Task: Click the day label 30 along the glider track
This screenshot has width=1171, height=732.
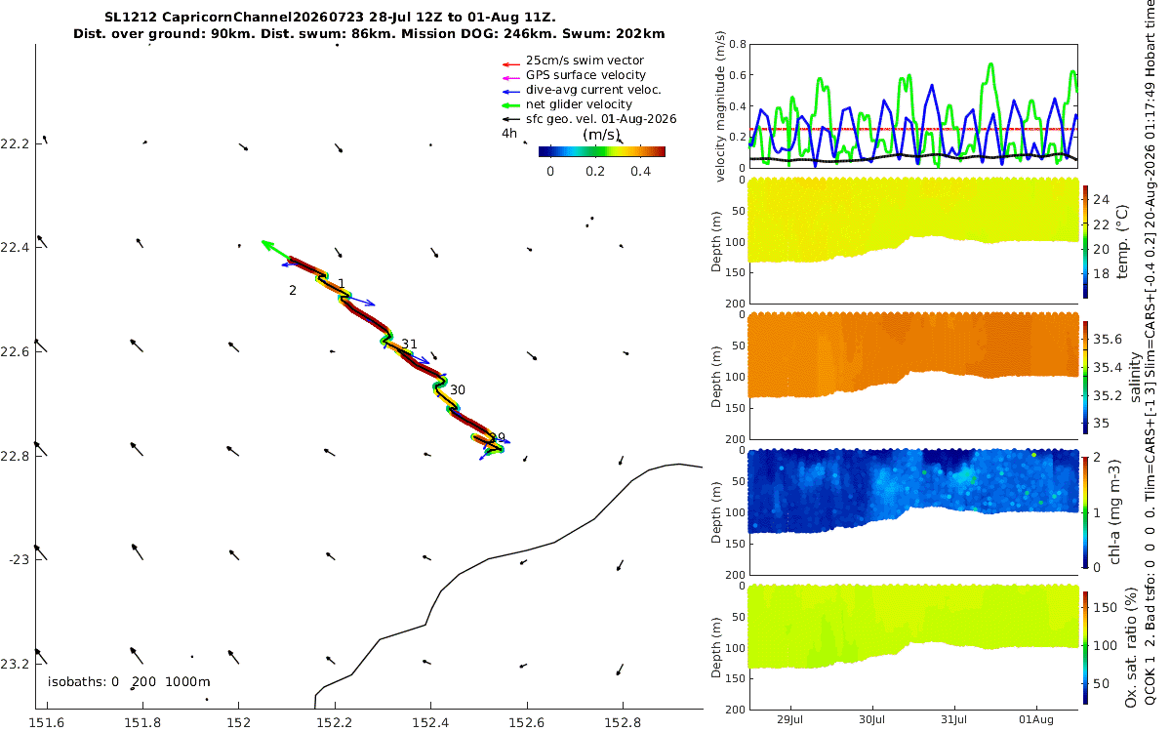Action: (458, 390)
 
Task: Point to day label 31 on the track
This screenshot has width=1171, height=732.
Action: (409, 344)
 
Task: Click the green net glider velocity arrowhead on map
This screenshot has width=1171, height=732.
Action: (266, 244)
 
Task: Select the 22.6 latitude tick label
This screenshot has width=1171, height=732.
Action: (14, 351)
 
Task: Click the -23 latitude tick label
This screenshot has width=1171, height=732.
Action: (19, 560)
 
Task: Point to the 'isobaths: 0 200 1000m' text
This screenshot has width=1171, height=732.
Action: (129, 682)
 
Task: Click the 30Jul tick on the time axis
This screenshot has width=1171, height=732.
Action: (872, 719)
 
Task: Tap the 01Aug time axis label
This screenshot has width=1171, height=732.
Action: (1036, 719)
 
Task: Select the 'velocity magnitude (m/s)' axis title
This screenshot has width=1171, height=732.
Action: (720, 106)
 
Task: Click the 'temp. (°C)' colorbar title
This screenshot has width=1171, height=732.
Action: (1123, 242)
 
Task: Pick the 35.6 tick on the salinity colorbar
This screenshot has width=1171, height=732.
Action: (1108, 340)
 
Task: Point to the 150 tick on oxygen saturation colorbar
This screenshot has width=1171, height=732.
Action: (1105, 607)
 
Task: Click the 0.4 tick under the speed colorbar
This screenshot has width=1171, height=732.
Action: (640, 172)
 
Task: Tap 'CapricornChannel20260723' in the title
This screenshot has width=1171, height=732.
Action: (262, 18)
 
